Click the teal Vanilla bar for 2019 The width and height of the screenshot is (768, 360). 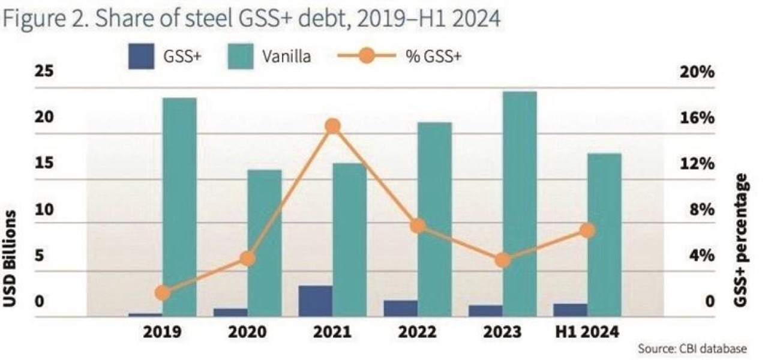click(179, 207)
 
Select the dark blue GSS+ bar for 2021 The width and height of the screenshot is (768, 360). click(316, 301)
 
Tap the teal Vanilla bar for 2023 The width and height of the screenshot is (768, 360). click(520, 204)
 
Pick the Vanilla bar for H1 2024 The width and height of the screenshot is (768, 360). click(604, 235)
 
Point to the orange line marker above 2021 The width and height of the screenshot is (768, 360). click(333, 126)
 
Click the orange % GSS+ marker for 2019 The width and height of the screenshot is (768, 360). click(162, 293)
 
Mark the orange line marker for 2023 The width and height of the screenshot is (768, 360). click(503, 260)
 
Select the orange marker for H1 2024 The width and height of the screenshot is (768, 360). click(588, 230)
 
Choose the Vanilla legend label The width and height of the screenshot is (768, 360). click(286, 58)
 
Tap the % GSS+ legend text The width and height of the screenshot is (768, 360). click(437, 58)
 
